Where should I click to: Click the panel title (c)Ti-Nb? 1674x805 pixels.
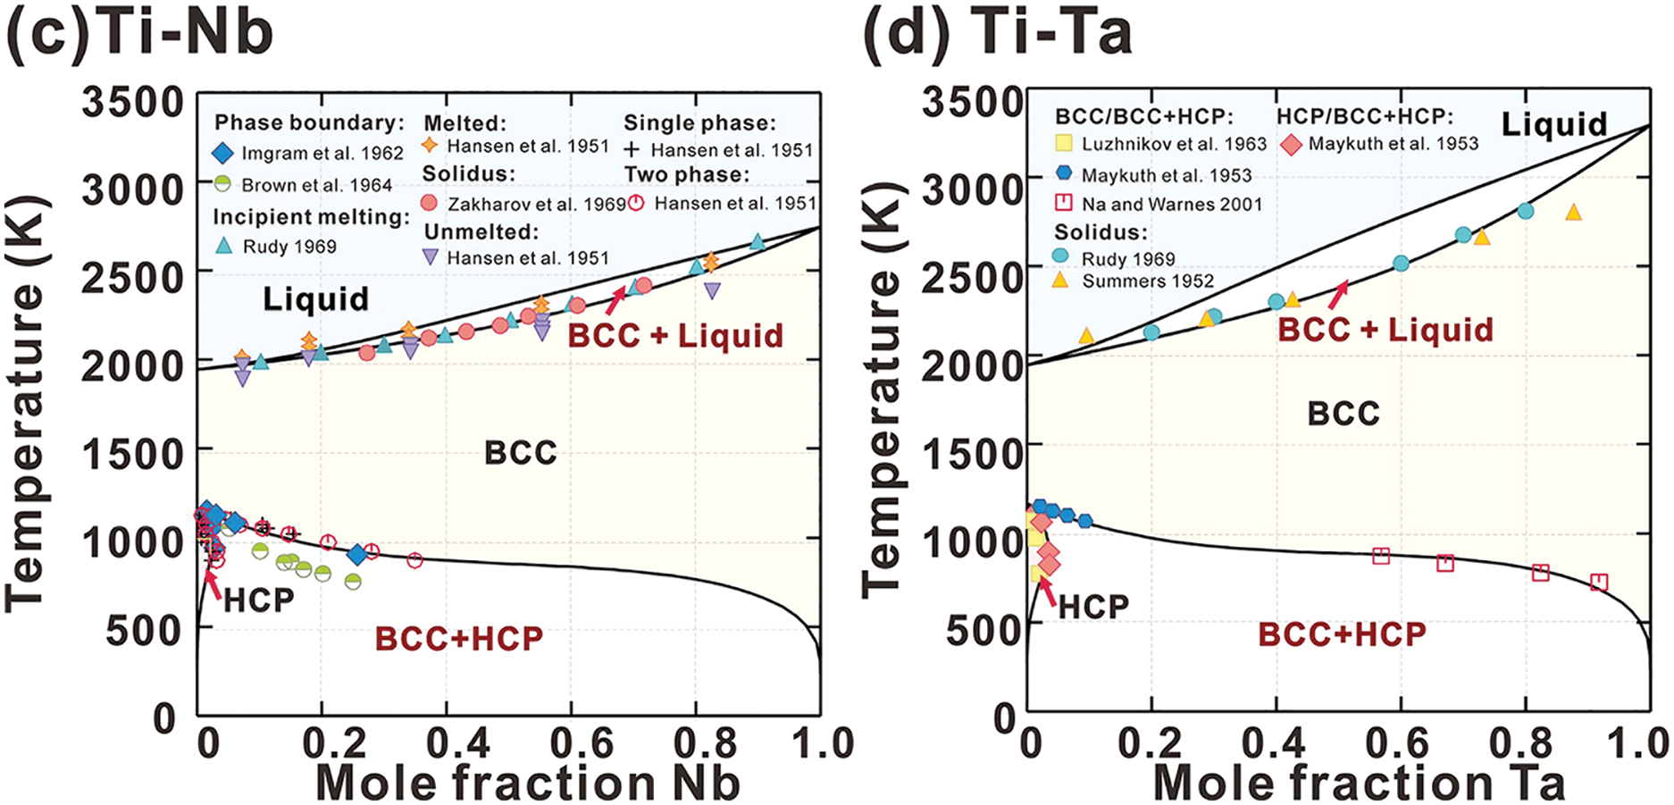point(139,34)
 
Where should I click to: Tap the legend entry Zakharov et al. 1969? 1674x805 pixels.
point(536,204)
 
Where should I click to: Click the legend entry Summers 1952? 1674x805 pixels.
point(1148,281)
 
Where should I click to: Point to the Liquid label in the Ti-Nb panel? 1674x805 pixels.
point(315,299)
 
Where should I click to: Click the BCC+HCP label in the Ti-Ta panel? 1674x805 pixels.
point(1342,635)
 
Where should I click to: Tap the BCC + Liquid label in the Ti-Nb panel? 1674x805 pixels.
point(675,336)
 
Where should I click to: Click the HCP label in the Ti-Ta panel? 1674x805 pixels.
point(1093,608)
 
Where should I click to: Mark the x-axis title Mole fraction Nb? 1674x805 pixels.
point(528,783)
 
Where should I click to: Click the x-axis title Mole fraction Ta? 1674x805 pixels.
point(1359,783)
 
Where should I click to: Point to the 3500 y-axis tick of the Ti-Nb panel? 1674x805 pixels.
point(133,102)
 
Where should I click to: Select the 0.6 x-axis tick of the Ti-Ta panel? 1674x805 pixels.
point(1398,743)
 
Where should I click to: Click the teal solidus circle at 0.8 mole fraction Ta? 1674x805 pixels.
point(1526,212)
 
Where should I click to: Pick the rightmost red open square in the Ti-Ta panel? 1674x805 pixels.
point(1599,583)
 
